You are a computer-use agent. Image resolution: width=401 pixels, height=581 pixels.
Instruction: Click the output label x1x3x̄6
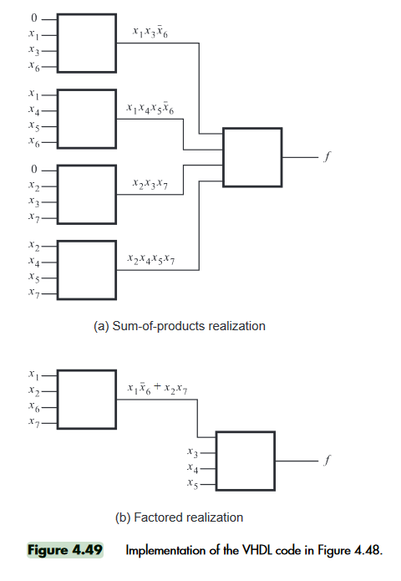click(150, 33)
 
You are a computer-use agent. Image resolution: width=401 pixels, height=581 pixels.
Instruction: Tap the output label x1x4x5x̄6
click(150, 108)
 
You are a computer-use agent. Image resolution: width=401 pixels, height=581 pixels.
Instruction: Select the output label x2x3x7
click(150, 184)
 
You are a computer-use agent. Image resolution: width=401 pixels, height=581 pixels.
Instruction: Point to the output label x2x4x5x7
click(150, 258)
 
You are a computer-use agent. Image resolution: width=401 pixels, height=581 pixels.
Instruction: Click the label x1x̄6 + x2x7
click(157, 389)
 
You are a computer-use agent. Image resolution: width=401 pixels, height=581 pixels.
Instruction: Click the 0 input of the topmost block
click(34, 18)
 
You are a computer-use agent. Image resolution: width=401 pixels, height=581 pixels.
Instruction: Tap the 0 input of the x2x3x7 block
click(34, 170)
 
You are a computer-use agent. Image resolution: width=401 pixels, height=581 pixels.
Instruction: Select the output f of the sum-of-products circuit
click(327, 156)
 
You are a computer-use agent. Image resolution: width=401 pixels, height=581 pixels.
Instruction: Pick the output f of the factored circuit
click(327, 461)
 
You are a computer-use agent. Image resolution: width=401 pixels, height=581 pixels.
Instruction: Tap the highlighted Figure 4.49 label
click(65, 550)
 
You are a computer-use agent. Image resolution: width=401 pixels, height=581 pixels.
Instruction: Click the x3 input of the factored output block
click(192, 452)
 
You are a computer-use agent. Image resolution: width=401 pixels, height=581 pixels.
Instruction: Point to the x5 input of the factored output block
click(192, 483)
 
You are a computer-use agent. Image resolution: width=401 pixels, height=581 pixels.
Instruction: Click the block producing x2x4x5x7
click(87, 270)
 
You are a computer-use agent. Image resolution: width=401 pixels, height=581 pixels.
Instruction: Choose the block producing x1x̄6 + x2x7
click(87, 400)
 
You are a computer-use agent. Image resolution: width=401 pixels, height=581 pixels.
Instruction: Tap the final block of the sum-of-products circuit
click(252, 157)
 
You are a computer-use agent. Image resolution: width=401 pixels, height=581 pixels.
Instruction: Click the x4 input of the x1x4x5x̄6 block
click(34, 110)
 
